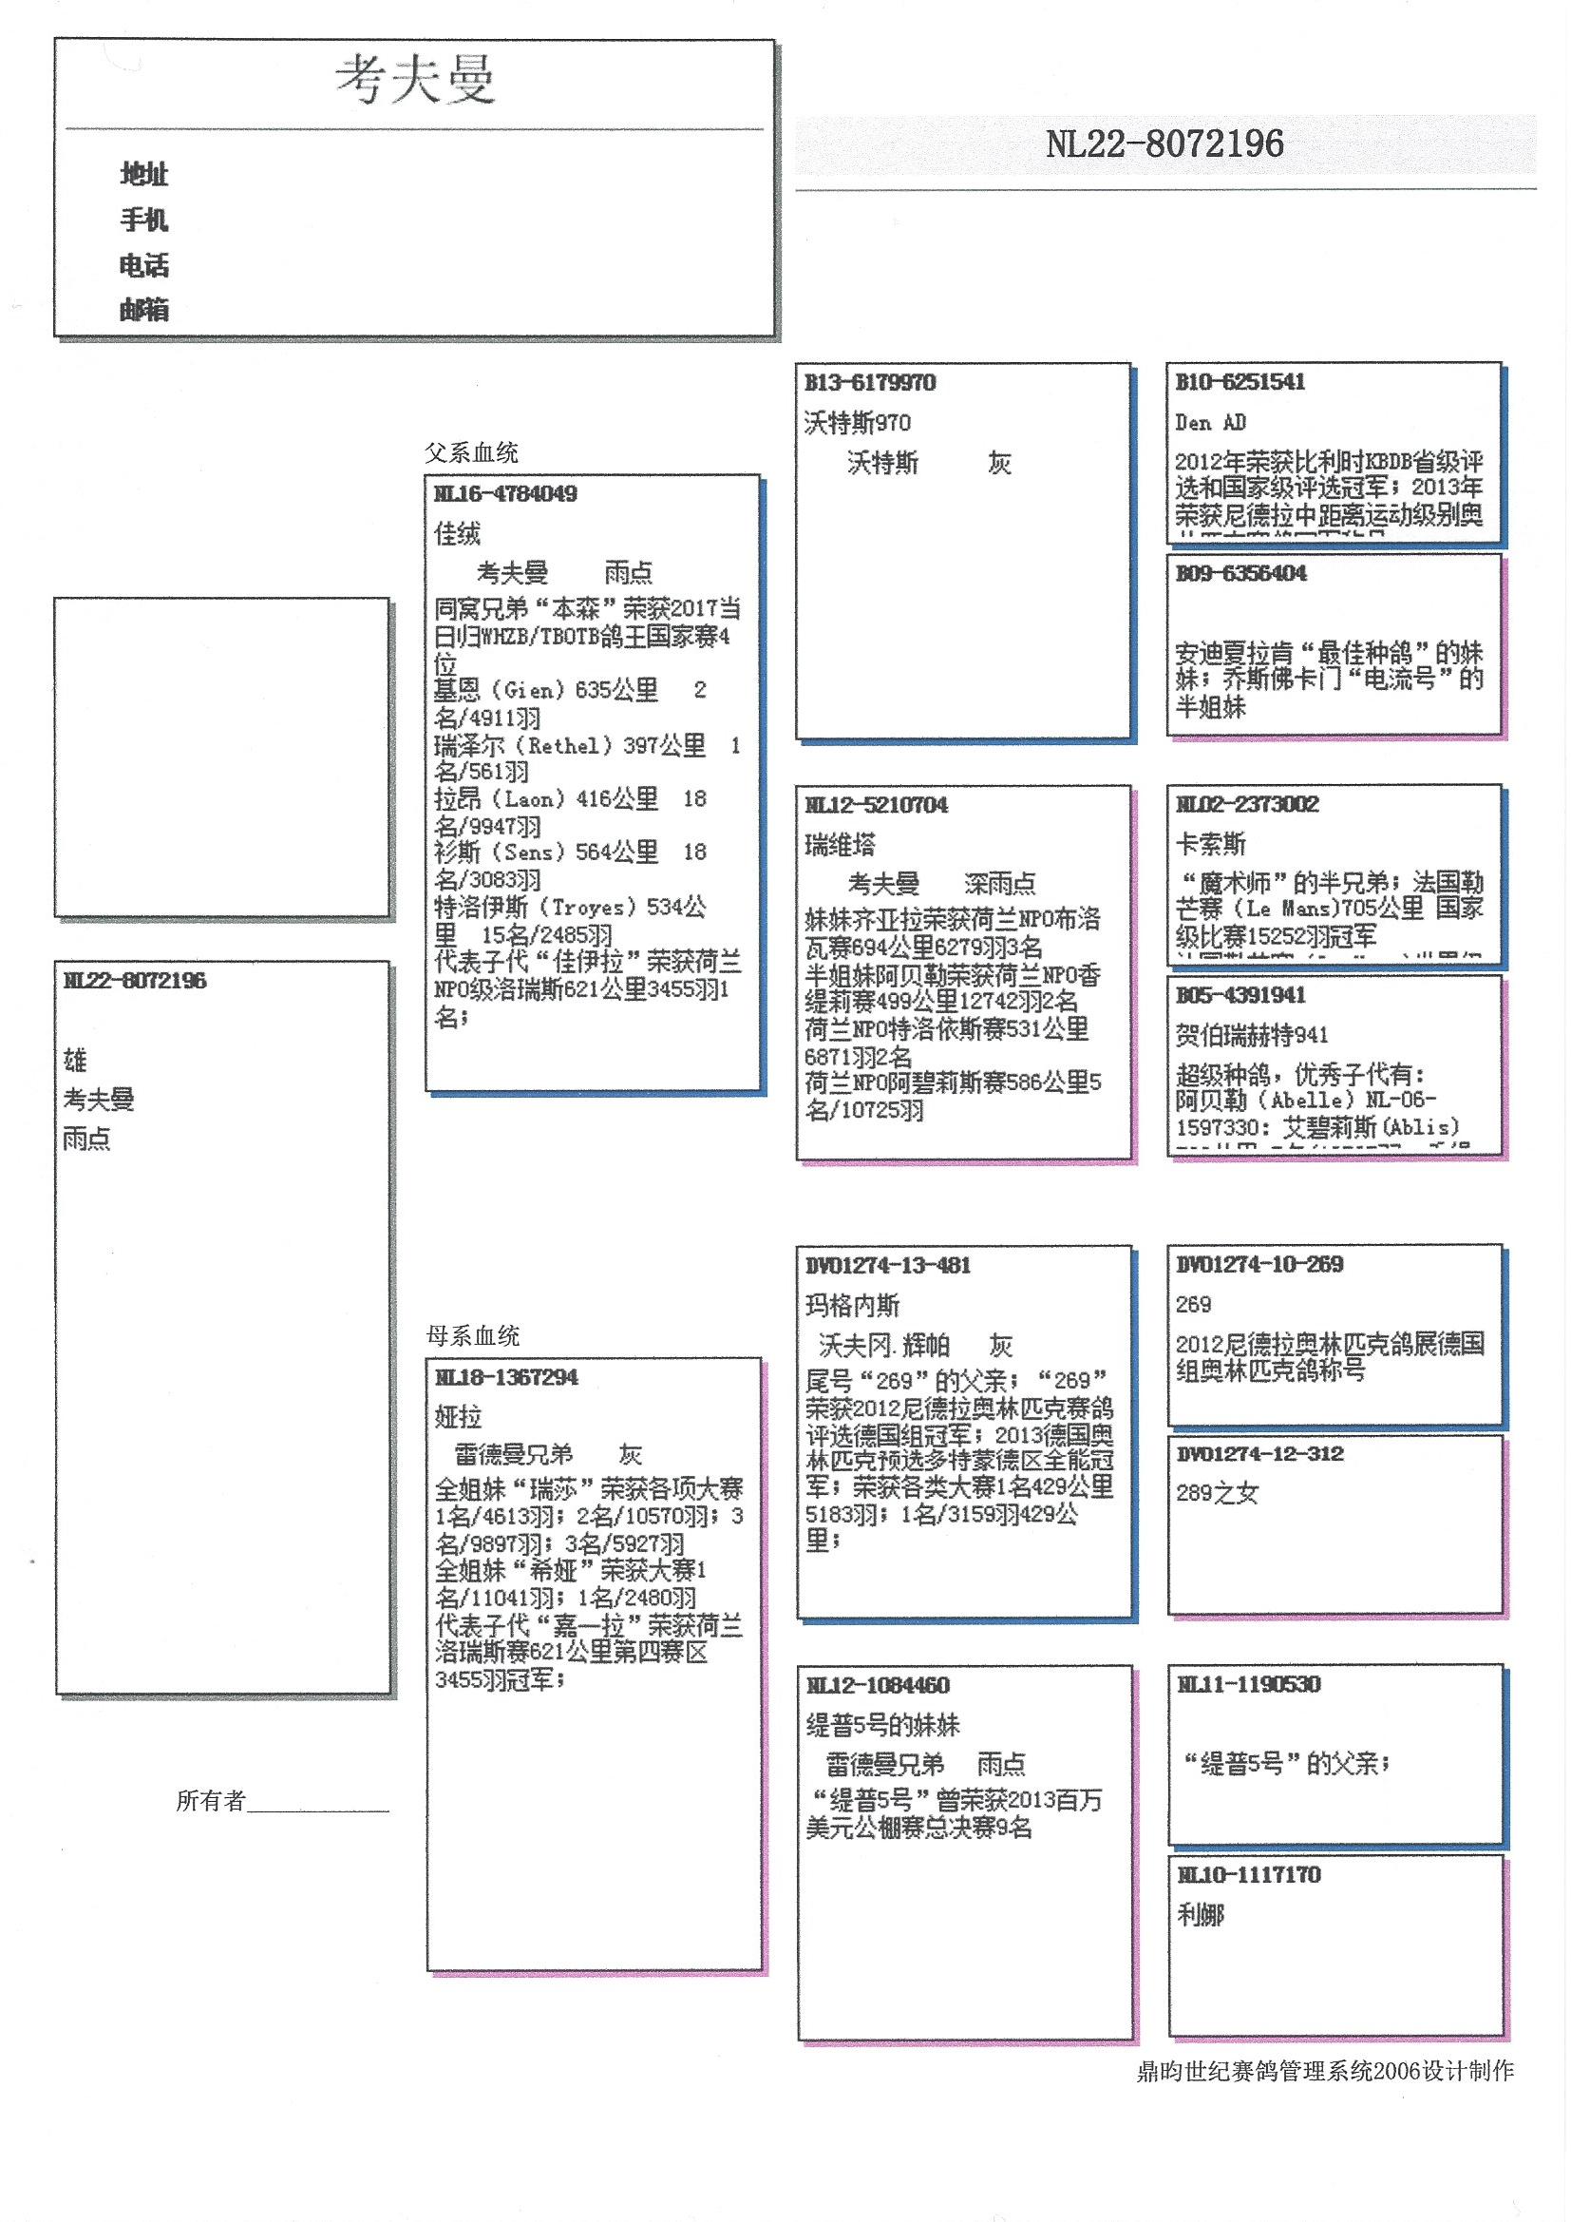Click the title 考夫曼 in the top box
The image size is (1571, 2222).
coord(415,80)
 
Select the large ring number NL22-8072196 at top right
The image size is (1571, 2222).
coord(1164,145)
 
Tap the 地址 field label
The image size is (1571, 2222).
coord(144,174)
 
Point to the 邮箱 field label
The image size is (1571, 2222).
coord(144,310)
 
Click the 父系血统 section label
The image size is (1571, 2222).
coord(471,453)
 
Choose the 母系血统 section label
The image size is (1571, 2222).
coord(473,1336)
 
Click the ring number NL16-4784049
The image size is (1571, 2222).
coord(505,494)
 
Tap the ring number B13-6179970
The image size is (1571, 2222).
coord(870,383)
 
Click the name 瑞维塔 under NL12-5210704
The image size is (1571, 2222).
coord(840,845)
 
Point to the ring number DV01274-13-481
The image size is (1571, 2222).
coord(887,1266)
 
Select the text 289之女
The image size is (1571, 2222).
coord(1217,1493)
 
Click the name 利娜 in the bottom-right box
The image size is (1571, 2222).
coord(1201,1914)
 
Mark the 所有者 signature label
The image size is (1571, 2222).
coord(211,1800)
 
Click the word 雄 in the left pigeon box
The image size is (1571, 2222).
coord(75,1061)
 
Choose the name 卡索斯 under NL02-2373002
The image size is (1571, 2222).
coord(1210,844)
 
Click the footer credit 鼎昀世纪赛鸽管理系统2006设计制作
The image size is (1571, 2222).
coord(1324,2071)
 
